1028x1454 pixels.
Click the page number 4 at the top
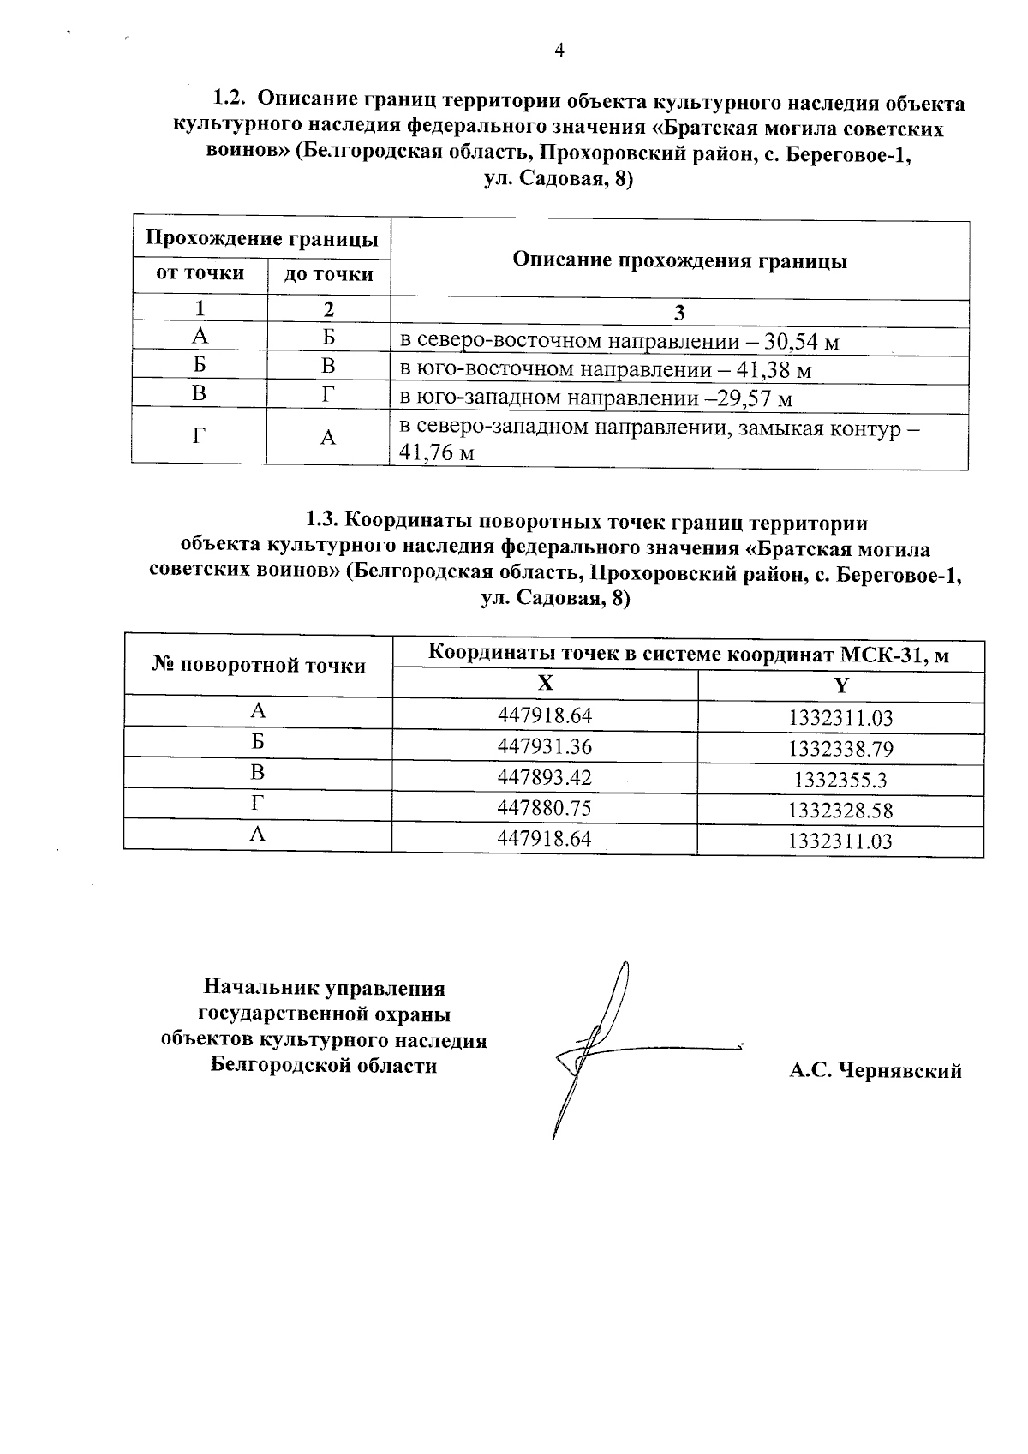(559, 51)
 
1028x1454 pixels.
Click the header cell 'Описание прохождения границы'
(679, 260)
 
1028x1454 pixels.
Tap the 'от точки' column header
(200, 273)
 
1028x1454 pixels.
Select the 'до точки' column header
(329, 274)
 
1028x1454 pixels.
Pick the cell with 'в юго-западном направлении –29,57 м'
(596, 399)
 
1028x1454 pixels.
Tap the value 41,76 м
(437, 453)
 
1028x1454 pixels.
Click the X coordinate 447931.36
(545, 746)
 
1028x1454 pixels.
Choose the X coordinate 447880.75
(545, 807)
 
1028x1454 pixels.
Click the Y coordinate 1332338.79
(840, 750)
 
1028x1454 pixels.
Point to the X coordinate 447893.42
(545, 777)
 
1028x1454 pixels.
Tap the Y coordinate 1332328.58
(840, 811)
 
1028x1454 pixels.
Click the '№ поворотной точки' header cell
(259, 666)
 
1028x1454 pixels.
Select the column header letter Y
(840, 685)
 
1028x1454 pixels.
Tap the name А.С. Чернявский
(876, 1070)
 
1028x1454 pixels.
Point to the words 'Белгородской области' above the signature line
(324, 1066)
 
